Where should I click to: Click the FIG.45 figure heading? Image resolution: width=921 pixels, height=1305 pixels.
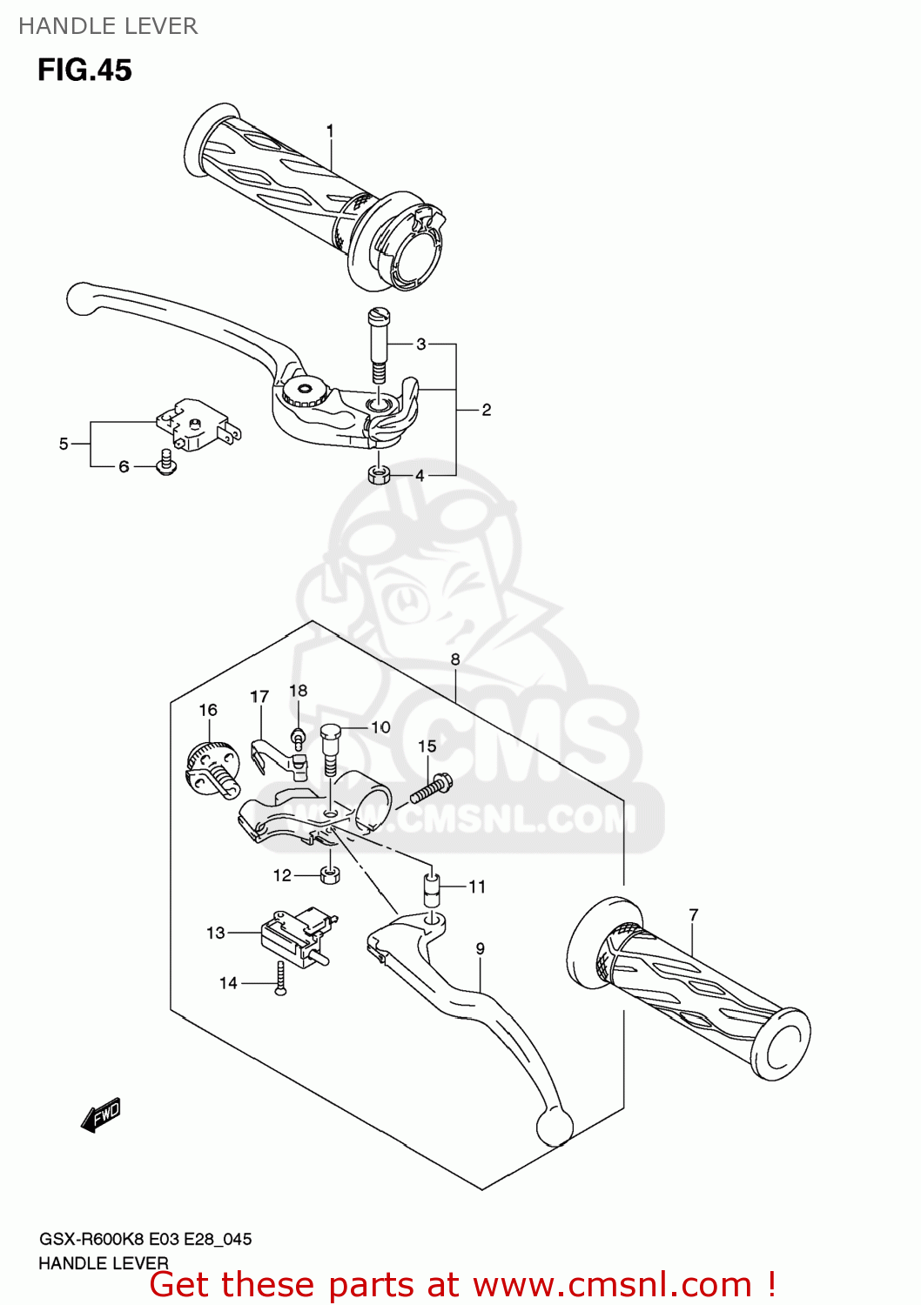point(84,70)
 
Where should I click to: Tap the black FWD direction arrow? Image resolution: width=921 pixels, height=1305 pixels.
point(101,1114)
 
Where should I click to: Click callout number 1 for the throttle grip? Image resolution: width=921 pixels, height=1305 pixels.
point(330,130)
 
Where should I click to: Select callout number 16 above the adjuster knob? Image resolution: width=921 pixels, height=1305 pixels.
point(208,710)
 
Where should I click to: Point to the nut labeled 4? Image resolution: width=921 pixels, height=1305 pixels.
point(378,475)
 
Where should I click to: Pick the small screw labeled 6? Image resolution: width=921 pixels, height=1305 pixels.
point(165,465)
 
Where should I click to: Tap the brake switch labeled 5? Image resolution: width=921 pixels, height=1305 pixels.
point(198,424)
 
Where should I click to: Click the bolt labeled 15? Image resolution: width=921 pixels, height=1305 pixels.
point(430,789)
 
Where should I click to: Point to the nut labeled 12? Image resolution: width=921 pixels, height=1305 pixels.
point(330,874)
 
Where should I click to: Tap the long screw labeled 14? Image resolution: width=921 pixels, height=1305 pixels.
point(280,980)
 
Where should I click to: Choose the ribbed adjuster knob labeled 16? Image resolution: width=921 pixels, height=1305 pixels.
point(212,769)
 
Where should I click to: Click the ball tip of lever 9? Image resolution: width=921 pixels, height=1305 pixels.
point(555,1127)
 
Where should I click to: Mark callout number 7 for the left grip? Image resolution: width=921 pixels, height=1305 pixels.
point(694,914)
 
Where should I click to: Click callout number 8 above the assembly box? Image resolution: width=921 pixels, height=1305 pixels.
point(455,659)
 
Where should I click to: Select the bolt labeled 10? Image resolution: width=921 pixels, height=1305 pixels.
point(331,747)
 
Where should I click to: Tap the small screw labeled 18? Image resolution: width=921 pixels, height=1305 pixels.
point(298,738)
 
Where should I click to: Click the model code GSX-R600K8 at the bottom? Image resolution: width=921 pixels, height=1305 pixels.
point(91,1239)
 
